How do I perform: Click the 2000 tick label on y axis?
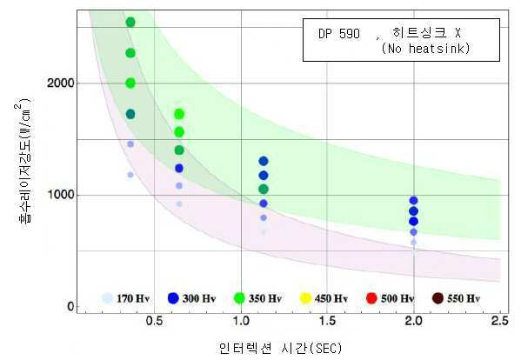60,83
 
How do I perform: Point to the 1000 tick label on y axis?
61,195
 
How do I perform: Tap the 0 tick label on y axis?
70,306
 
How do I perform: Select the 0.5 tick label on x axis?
155,321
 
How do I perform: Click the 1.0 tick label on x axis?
241,321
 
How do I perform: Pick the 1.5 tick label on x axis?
327,321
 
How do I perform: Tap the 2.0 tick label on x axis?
414,321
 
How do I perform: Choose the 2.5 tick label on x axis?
500,321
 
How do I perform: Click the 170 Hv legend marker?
107,298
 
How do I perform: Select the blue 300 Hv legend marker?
173,298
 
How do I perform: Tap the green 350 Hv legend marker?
239,298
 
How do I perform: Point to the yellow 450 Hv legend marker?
305,298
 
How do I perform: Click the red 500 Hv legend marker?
371,298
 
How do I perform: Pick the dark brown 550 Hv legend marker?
438,298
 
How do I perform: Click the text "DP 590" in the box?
339,34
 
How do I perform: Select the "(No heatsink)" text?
425,49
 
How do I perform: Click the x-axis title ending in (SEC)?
280,348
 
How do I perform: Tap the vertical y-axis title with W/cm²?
23,160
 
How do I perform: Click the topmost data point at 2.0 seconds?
413,200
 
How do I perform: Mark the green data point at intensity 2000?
130,83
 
